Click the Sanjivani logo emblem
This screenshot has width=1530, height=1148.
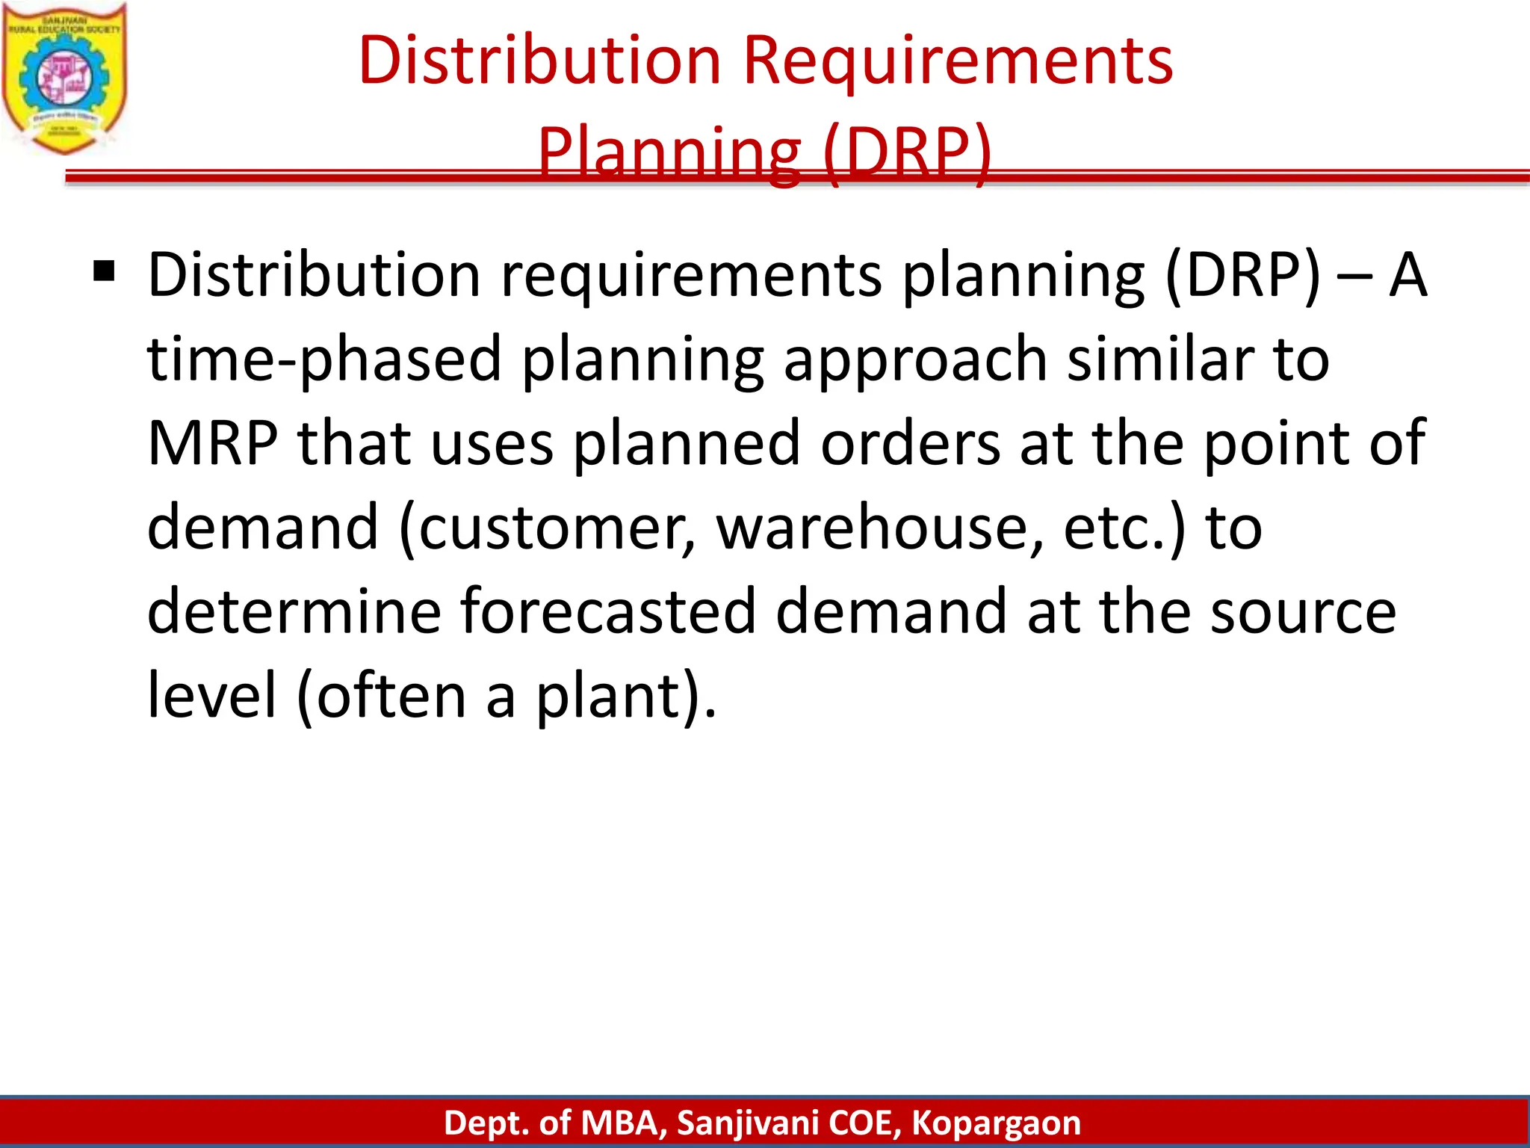(x=64, y=78)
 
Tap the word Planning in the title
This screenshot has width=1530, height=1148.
(x=669, y=152)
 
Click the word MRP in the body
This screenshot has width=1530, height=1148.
(x=212, y=444)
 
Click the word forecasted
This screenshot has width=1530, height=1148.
(x=607, y=611)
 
